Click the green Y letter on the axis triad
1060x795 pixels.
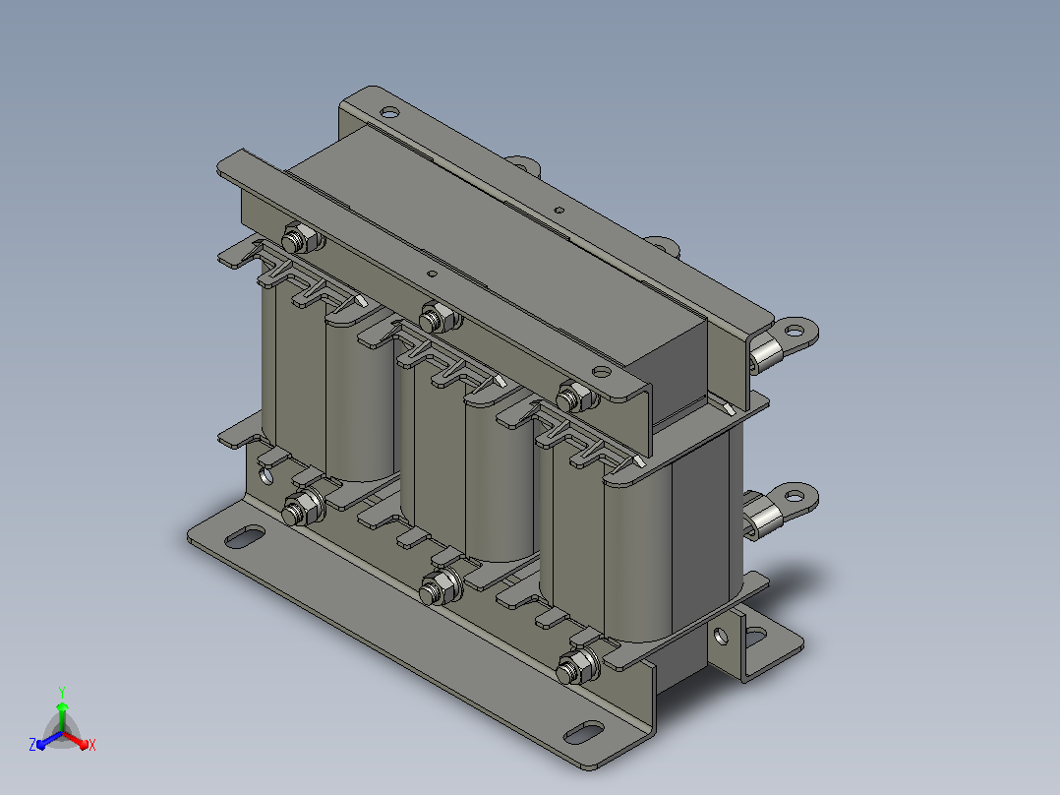click(62, 693)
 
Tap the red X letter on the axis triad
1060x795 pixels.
click(92, 745)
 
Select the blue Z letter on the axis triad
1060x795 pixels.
click(32, 745)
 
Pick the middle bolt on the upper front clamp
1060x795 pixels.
click(439, 317)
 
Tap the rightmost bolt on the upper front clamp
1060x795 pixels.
click(576, 397)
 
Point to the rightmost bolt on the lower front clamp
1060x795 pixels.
click(577, 666)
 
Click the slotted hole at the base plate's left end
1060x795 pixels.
click(245, 538)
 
